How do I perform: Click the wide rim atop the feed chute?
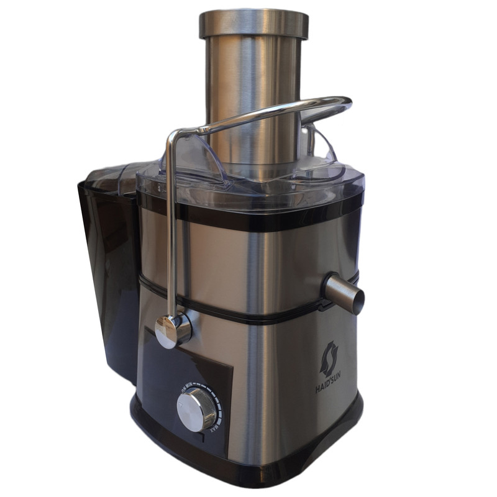(253, 24)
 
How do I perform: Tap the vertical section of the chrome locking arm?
(171, 224)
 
